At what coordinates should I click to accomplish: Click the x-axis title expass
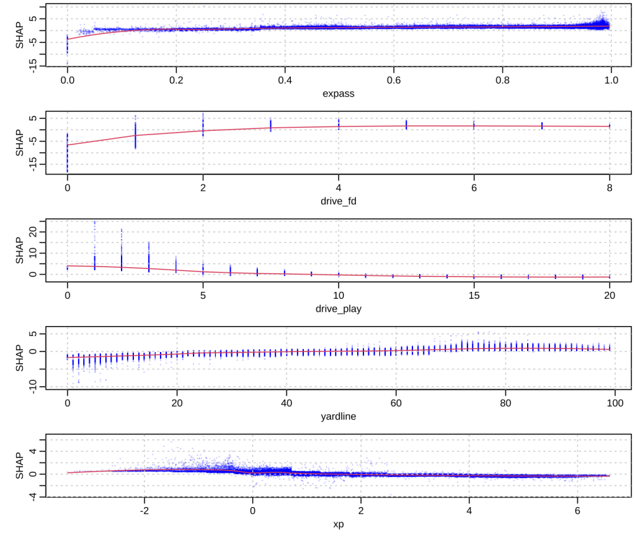point(338,94)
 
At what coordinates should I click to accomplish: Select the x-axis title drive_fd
point(338,201)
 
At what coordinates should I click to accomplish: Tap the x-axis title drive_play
point(338,308)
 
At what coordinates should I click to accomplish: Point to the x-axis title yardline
point(338,417)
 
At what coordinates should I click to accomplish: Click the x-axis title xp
point(338,524)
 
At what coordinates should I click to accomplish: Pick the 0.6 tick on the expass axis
point(394,79)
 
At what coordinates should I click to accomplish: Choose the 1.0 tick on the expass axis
point(611,79)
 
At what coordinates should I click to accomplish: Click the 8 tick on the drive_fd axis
point(610,187)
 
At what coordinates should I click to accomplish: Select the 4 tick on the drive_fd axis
point(339,187)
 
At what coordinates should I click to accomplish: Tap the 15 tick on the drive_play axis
point(474,295)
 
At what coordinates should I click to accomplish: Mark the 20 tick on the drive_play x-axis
point(610,295)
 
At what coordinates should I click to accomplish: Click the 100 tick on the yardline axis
point(615,403)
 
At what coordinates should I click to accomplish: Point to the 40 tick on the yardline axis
point(286,403)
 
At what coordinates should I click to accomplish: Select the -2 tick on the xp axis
point(144,511)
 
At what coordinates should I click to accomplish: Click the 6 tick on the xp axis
point(577,511)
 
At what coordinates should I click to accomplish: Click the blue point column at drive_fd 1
point(135,133)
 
